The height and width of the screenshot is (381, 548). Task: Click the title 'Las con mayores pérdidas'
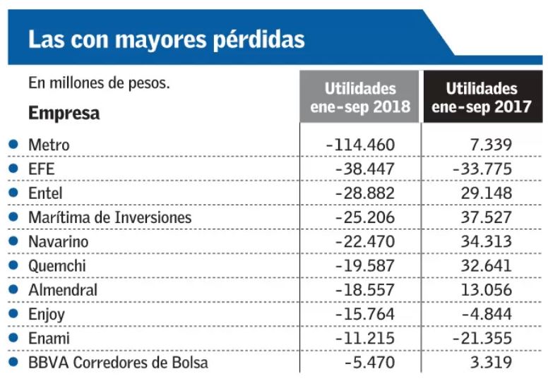pyautogui.click(x=167, y=39)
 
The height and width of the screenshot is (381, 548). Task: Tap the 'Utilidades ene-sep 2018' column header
pyautogui.click(x=360, y=98)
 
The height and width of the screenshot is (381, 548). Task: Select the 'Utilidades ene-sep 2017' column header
pyautogui.click(x=482, y=98)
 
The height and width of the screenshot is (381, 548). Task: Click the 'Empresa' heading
pyautogui.click(x=64, y=114)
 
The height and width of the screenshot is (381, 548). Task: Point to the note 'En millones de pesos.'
pyautogui.click(x=100, y=83)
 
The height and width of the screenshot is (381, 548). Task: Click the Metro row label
pyautogui.click(x=49, y=145)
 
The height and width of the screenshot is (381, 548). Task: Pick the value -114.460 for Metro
pyautogui.click(x=361, y=145)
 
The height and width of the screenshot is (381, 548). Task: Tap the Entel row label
pyautogui.click(x=45, y=193)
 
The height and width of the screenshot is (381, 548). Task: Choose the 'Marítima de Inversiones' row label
pyautogui.click(x=109, y=218)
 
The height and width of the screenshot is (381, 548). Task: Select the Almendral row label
pyautogui.click(x=63, y=290)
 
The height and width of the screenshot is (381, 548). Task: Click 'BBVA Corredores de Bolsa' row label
pyautogui.click(x=118, y=363)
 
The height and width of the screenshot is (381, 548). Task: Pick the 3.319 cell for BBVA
pyautogui.click(x=489, y=363)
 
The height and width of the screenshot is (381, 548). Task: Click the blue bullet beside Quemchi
pyautogui.click(x=12, y=266)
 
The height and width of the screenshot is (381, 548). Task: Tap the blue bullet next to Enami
pyautogui.click(x=12, y=339)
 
